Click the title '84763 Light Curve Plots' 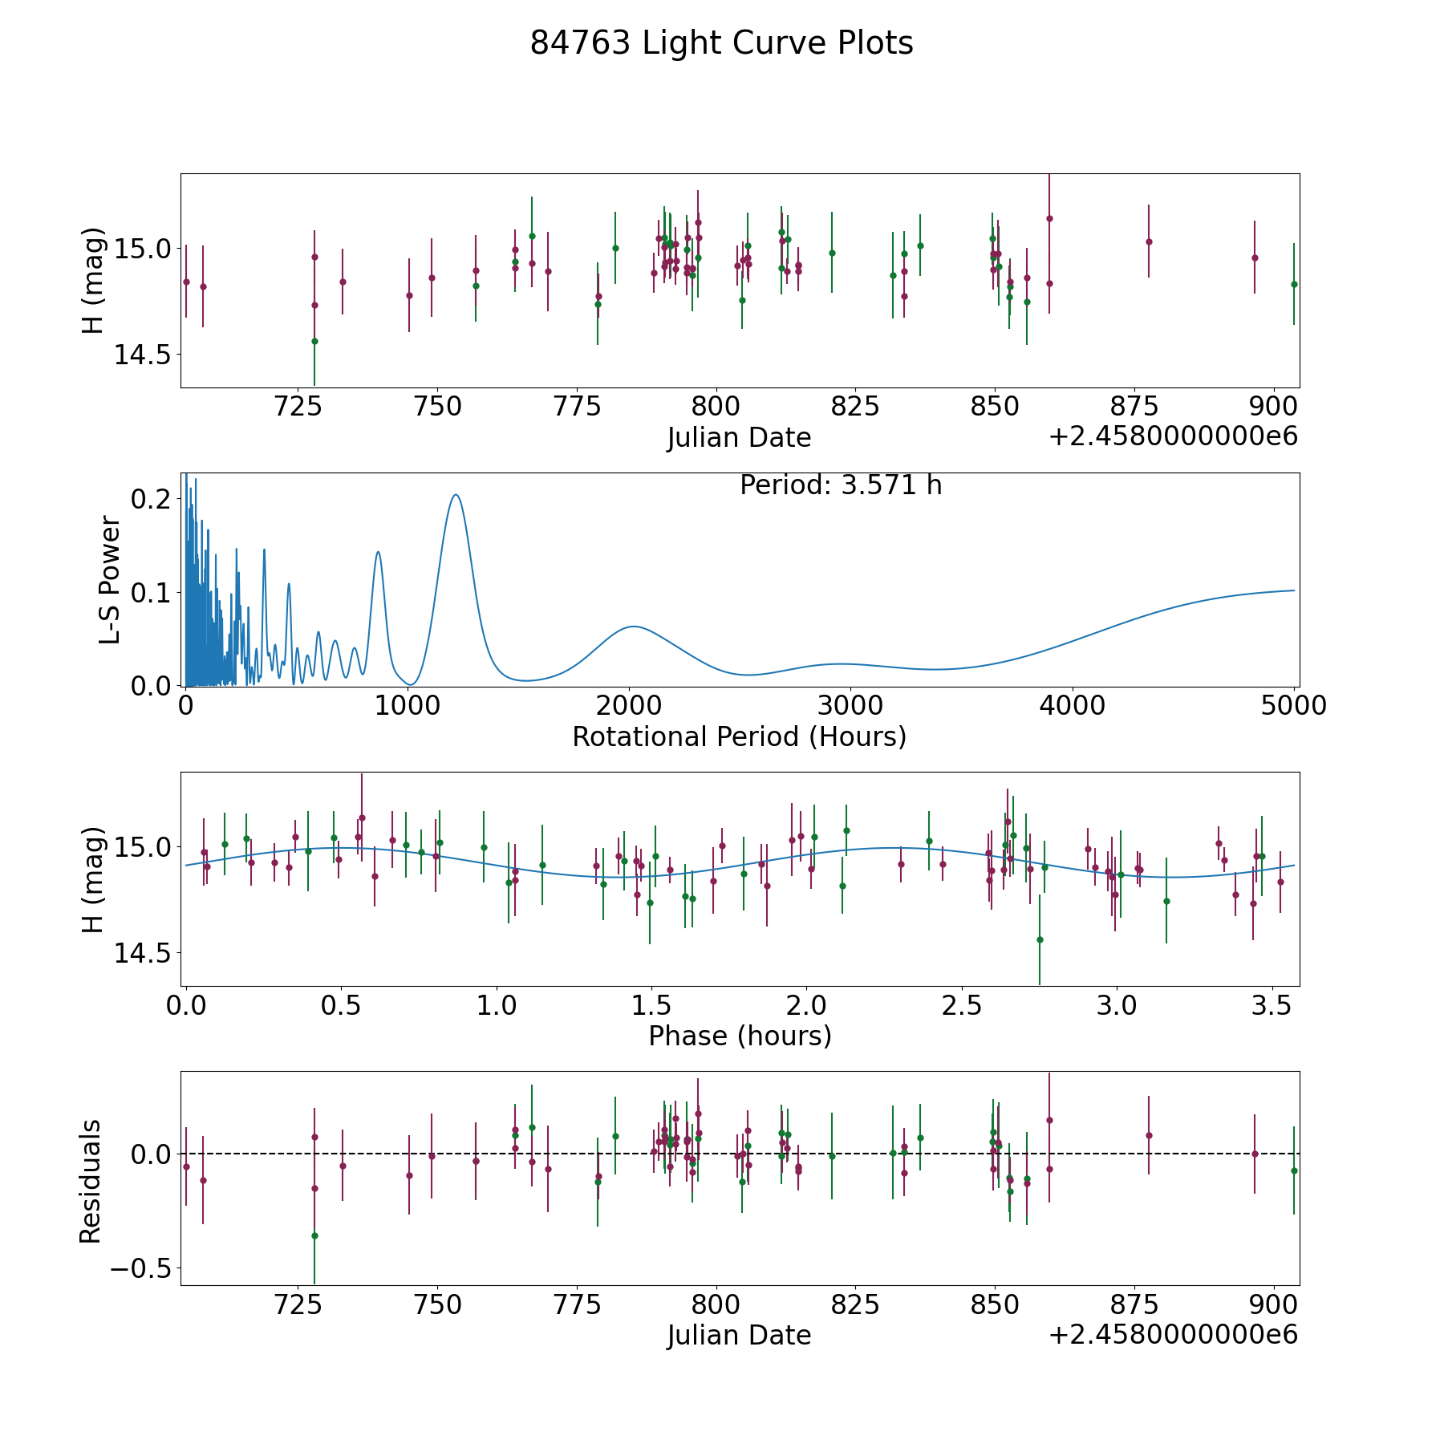point(721,43)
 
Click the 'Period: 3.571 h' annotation point(840,485)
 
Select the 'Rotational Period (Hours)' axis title point(739,736)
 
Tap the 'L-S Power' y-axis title point(110,579)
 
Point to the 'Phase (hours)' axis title point(740,1036)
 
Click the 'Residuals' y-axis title point(91,1181)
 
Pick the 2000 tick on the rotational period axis point(630,706)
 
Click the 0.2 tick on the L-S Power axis point(150,499)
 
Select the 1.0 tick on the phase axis point(497,1005)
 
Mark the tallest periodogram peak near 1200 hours point(456,495)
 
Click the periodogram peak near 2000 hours point(634,627)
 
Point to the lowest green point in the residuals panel point(314,1235)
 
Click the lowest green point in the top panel point(314,341)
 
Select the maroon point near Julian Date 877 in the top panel point(1149,241)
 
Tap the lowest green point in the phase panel point(1040,939)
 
